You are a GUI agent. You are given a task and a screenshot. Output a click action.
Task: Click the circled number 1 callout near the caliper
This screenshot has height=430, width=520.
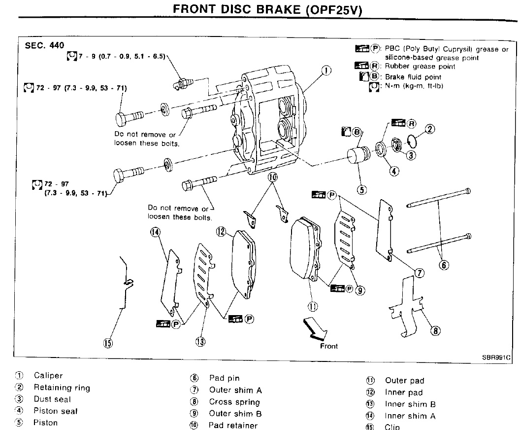325,71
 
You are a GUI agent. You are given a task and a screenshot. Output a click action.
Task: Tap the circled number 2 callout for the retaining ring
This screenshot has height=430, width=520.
429,130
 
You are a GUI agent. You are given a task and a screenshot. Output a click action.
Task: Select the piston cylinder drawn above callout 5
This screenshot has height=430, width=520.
357,155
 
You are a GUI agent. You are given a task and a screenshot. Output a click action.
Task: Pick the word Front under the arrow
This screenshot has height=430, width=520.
329,346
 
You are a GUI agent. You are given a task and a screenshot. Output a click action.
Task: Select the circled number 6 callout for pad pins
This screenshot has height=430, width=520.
444,265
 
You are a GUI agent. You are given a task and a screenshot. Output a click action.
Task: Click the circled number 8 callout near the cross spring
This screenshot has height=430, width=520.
435,331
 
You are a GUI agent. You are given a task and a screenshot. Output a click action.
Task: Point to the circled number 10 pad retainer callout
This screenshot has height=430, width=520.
273,177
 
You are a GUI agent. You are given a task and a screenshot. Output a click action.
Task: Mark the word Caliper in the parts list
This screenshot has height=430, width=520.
48,376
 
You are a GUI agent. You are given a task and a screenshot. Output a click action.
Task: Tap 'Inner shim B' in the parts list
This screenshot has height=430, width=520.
410,404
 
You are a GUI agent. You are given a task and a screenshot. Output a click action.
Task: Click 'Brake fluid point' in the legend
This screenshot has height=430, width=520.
413,77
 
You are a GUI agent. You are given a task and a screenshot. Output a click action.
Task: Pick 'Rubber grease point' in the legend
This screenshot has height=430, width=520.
420,67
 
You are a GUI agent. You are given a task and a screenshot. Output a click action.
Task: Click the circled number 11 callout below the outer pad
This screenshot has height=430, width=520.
312,306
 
